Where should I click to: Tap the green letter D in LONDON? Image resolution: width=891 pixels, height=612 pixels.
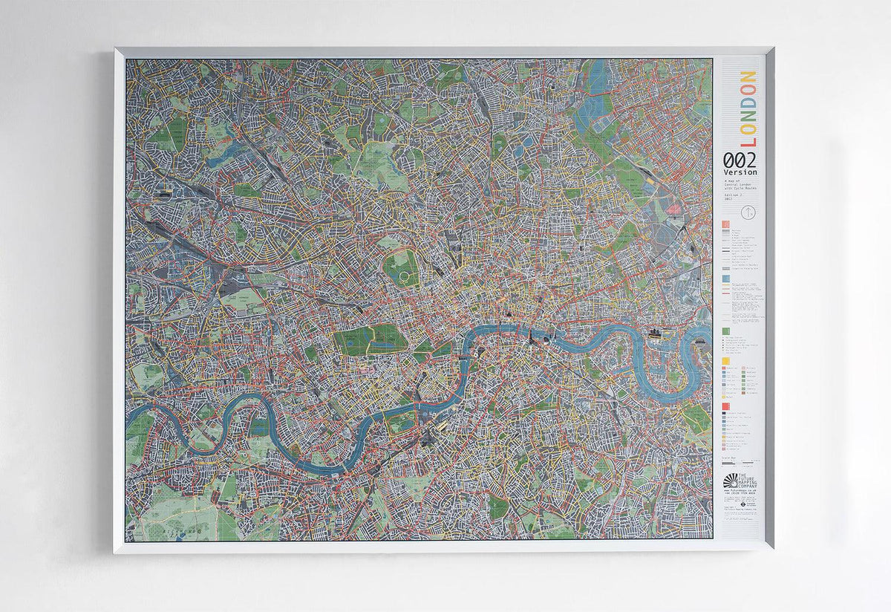[748, 105]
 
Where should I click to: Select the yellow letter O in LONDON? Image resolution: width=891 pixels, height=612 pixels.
[748, 91]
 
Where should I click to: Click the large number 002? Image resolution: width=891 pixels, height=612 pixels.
[740, 160]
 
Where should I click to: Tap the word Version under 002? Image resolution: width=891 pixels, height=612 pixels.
[740, 172]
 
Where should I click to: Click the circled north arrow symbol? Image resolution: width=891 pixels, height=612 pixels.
[750, 212]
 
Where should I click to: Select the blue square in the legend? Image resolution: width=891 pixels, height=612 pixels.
[725, 279]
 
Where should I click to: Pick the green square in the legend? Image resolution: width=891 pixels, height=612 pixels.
[725, 331]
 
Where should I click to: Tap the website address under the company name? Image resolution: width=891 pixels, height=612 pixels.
[740, 490]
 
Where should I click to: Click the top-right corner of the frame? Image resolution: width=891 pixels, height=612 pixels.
[771, 50]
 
